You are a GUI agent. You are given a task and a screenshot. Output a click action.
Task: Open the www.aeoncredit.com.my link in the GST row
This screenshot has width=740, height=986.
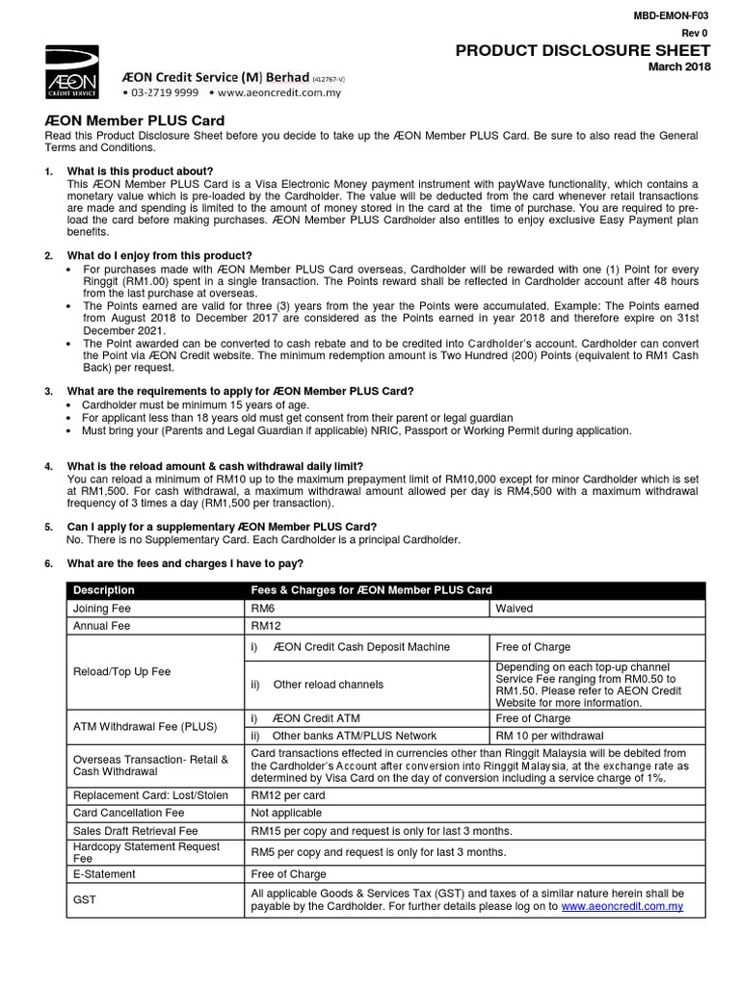coord(621,907)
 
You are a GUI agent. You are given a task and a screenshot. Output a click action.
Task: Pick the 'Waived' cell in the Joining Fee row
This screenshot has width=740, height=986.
coord(514,609)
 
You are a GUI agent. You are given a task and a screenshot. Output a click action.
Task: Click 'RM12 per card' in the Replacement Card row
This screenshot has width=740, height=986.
coord(288,795)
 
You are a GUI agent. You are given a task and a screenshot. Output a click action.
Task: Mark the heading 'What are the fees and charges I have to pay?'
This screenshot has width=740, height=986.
coord(184,563)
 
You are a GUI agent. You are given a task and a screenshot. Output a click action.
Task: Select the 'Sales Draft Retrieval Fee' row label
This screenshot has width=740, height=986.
coord(136,830)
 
